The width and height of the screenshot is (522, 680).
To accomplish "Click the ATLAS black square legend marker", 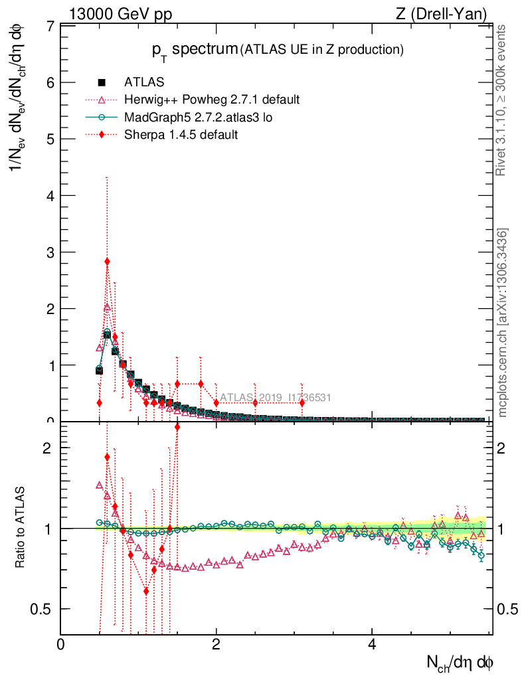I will [x=102, y=82].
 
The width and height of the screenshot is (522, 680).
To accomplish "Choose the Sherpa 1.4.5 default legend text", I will [x=181, y=134].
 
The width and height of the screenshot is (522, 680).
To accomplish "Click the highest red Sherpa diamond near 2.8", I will [x=107, y=262].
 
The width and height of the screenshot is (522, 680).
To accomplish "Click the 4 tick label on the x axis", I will [x=372, y=645].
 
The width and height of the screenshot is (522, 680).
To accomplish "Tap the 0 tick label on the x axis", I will [x=60, y=645].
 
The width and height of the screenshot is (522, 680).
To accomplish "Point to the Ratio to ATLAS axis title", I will [x=21, y=529].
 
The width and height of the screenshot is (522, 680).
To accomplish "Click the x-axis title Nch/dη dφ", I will [x=460, y=662].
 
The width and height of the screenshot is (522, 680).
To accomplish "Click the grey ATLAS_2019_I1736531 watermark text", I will [x=276, y=398].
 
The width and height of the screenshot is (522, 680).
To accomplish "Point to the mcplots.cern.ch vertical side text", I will [x=503, y=323].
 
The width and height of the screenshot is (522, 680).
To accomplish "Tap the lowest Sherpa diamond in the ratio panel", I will [x=146, y=591].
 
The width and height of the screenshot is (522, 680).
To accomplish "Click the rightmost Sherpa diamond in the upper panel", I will [x=302, y=402].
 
